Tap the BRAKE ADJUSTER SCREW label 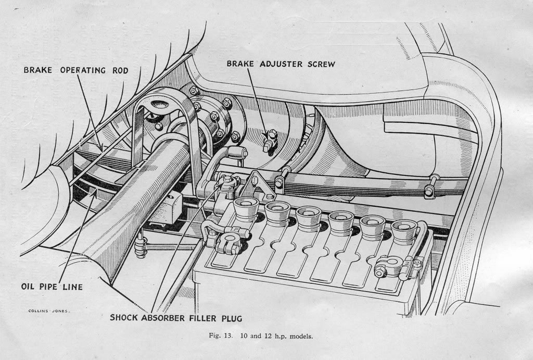point(281,64)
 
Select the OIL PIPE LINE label point(52,287)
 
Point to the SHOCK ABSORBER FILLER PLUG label point(175,317)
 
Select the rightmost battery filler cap point(404,230)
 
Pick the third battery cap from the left point(309,216)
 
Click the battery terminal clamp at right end point(389,266)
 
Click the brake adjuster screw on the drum point(270,140)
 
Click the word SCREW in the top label point(318,64)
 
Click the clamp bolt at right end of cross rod point(430,188)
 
